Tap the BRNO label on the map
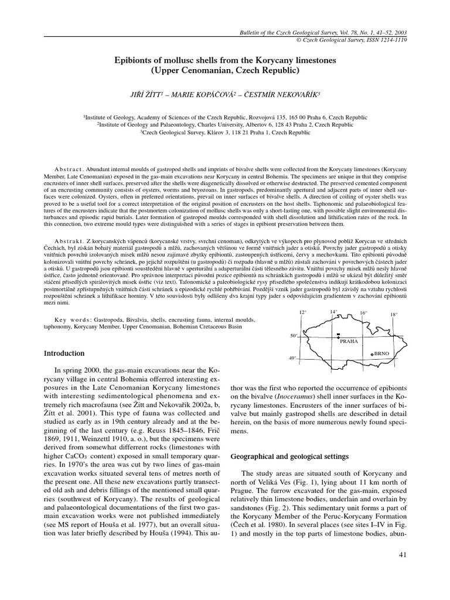tap(381, 354)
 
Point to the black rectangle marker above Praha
tap(339, 335)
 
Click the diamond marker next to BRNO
tap(371, 354)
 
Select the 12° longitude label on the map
tap(303, 313)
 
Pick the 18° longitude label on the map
tap(394, 315)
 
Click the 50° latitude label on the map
tap(294, 336)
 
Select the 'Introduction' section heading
tap(65, 353)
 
